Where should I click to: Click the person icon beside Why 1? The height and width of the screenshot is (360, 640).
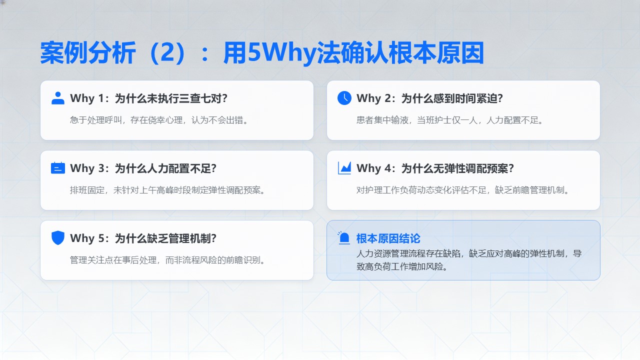(x=57, y=98)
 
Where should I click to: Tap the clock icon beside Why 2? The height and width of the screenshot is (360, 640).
(x=344, y=98)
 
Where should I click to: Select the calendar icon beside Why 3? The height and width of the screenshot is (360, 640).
(x=57, y=168)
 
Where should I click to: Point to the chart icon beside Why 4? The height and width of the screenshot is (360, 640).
(x=344, y=168)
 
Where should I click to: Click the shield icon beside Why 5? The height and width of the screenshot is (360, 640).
(x=57, y=237)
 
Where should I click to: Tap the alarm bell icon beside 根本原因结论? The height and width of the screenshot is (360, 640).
(x=343, y=238)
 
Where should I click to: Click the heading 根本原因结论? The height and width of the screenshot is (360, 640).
(x=388, y=238)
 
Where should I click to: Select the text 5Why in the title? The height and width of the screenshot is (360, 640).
(x=282, y=53)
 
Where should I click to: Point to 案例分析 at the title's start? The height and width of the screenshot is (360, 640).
(x=87, y=53)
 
